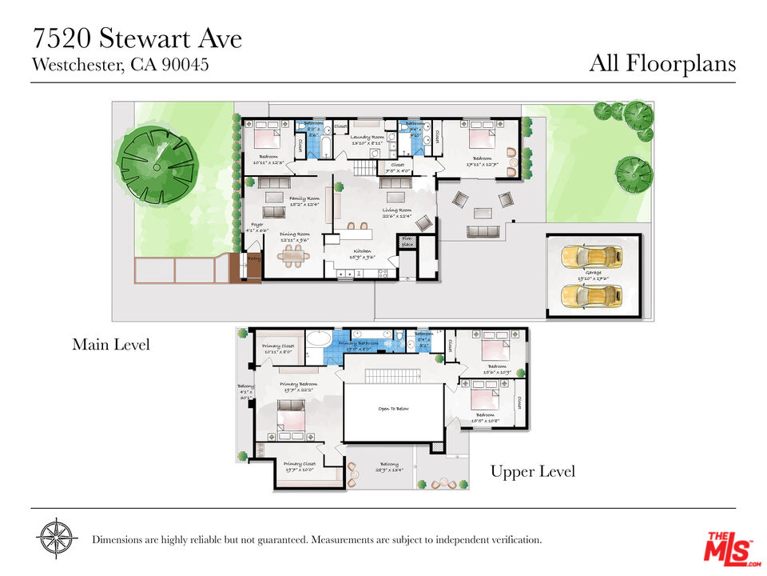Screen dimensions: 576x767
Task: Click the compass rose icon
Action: [x=58, y=538]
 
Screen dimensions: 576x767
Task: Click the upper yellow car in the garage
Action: [x=591, y=258]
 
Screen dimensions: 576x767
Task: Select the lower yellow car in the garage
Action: [x=591, y=297]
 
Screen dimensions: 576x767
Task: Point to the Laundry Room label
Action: [x=368, y=137]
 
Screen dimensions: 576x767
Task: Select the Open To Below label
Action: [x=393, y=409]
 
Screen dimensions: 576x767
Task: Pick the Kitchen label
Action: [x=364, y=254]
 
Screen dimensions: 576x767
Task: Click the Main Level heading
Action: [x=111, y=345]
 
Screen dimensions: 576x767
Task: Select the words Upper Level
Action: [x=532, y=472]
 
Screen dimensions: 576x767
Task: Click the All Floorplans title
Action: [x=662, y=63]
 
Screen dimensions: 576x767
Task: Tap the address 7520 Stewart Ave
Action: [x=137, y=38]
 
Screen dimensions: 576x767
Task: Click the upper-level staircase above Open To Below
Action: [x=393, y=376]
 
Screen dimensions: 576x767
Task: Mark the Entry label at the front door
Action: [x=254, y=259]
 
